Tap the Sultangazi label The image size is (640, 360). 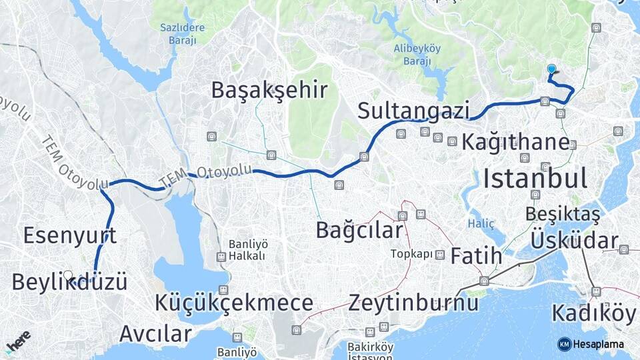tap(413, 111)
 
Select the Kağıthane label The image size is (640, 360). tap(516, 142)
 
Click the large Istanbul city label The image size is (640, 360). tap(535, 179)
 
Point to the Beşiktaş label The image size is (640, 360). tap(563, 214)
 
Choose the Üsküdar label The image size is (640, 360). tap(574, 241)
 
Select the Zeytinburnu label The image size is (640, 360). tap(413, 303)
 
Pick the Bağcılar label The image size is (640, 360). tap(359, 231)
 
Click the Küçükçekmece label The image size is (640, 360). tap(234, 303)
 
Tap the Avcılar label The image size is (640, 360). tap(155, 333)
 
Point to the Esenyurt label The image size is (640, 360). tap(70, 235)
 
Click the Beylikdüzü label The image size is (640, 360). tap(69, 281)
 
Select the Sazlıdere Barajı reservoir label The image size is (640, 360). tap(178, 34)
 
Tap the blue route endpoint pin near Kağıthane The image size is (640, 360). tap(551, 69)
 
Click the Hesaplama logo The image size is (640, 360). tap(591, 344)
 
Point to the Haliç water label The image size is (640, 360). tap(481, 223)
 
